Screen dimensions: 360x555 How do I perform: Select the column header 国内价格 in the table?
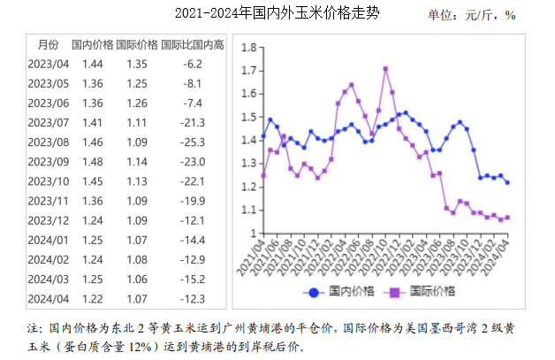click(x=92, y=44)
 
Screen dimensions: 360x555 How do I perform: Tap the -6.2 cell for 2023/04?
click(x=192, y=64)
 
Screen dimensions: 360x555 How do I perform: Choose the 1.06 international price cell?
click(x=138, y=278)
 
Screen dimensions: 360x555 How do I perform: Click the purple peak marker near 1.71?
click(x=385, y=68)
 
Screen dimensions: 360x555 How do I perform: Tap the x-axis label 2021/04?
click(x=259, y=257)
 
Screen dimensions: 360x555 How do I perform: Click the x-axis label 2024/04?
click(x=503, y=257)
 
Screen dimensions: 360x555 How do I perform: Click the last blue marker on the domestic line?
click(x=507, y=182)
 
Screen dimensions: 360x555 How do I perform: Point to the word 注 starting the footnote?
click(x=34, y=328)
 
